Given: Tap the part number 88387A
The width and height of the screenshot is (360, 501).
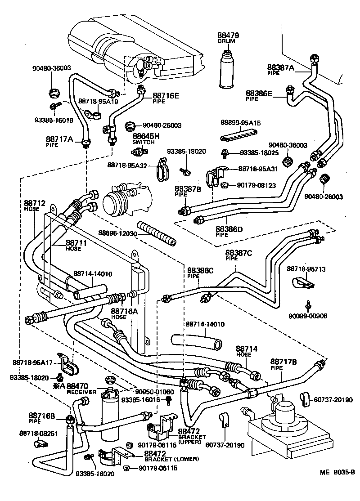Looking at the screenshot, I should click(x=280, y=68).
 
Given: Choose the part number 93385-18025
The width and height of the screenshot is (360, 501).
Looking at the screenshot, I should click(x=246, y=153).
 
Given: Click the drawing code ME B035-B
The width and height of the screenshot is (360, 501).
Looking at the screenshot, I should click(x=337, y=472).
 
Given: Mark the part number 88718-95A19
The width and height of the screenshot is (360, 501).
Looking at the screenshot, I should click(x=98, y=101).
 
